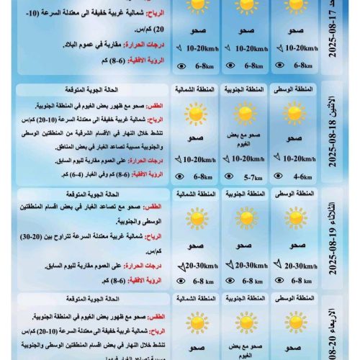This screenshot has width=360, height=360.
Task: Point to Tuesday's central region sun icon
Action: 295,219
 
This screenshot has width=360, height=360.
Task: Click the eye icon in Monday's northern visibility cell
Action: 181,176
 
